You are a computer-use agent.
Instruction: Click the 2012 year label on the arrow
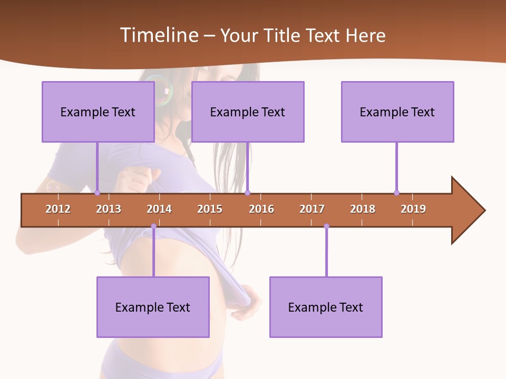tap(58, 209)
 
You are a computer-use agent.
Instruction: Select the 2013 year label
tap(109, 209)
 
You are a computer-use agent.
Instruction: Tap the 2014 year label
tap(159, 209)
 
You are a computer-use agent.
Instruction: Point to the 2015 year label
tap(210, 209)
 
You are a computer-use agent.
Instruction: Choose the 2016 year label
tap(261, 209)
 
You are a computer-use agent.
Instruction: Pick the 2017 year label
tap(312, 209)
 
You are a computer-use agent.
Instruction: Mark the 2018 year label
tap(363, 209)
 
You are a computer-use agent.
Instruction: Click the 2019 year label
tap(413, 209)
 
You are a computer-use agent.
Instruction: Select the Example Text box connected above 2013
tap(98, 112)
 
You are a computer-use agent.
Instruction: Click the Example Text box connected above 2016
tap(248, 112)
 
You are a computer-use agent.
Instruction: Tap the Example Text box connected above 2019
tap(397, 112)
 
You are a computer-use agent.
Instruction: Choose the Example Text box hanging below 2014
tap(153, 307)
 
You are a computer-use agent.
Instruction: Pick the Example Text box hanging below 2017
tap(326, 307)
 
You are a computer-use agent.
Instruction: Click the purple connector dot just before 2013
tap(97, 193)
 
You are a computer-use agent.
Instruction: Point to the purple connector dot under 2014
tap(153, 226)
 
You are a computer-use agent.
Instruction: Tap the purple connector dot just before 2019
tap(396, 193)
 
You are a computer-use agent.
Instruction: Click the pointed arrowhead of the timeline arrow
tap(469, 210)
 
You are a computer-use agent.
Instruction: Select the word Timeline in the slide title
tap(160, 35)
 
